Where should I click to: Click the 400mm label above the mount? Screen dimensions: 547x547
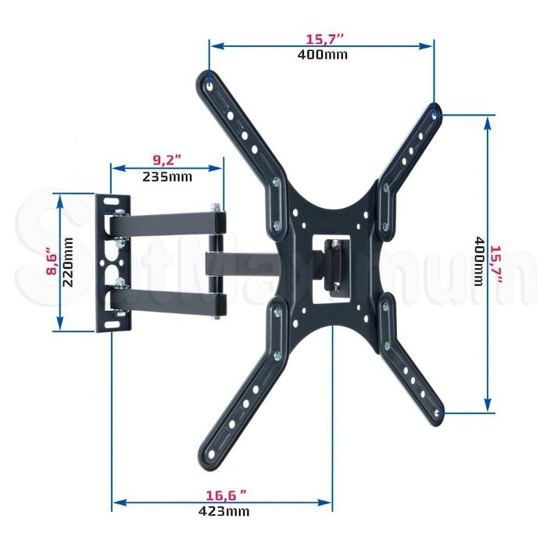pos(323,55)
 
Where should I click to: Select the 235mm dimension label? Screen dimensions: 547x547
pos(167,176)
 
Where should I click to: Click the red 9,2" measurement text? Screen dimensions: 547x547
pos(167,160)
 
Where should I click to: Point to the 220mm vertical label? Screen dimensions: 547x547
pos(68,262)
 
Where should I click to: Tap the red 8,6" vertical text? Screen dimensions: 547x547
pos(52,262)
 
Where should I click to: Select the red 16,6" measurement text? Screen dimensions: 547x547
pos(227,495)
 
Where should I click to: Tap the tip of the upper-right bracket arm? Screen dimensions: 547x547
pos(435,110)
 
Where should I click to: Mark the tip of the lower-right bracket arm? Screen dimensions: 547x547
pos(438,415)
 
